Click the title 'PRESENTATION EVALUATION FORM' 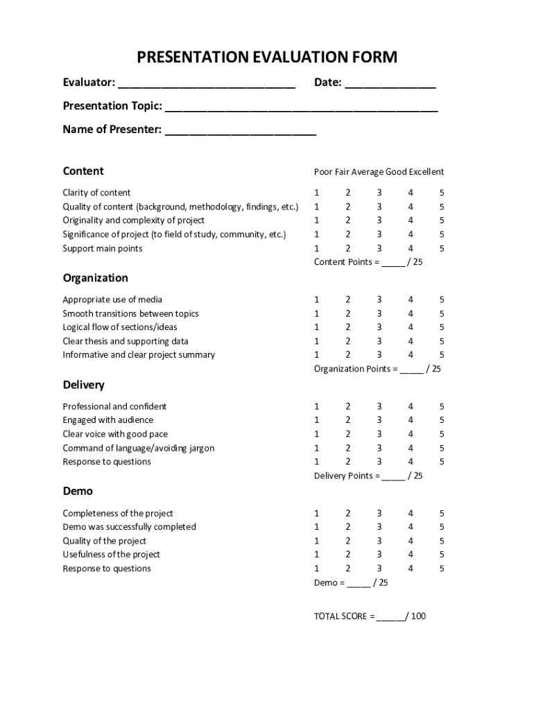[267, 57]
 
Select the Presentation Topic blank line [301, 107]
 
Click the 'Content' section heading [83, 171]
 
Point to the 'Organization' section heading [95, 278]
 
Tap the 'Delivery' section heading [83, 385]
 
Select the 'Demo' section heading [78, 491]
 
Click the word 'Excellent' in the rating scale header [426, 172]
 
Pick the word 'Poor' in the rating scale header [323, 172]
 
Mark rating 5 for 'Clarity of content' [442, 193]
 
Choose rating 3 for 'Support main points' [379, 248]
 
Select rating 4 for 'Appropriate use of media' [411, 300]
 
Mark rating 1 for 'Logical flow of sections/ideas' [317, 327]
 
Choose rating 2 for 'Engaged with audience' [348, 420]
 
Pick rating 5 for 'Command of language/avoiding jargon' [442, 448]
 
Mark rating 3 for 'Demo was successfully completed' [379, 527]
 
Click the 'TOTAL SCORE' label [344, 616]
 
